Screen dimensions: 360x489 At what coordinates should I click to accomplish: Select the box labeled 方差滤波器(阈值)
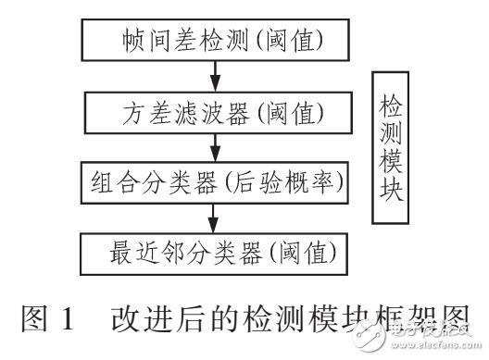(x=214, y=115)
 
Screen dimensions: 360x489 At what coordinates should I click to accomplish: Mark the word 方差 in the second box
(x=141, y=115)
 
